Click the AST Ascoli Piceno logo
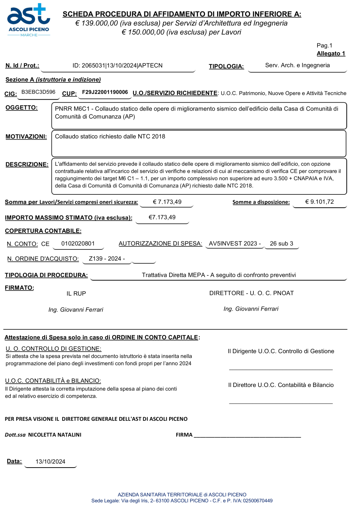[x=28, y=20]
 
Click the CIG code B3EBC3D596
[x=39, y=92]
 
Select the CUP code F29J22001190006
[x=105, y=92]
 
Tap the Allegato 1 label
[x=331, y=54]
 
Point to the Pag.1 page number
[x=324, y=45]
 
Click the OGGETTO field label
[x=22, y=108]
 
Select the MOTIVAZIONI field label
[x=26, y=137]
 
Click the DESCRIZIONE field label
[x=27, y=165]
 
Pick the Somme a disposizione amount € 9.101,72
[x=319, y=202]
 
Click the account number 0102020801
[x=78, y=244]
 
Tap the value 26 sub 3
[x=282, y=244]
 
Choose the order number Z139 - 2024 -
[x=107, y=259]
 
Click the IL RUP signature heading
[x=76, y=294]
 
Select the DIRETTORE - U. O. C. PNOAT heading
[x=251, y=293]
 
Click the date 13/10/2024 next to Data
[x=50, y=462]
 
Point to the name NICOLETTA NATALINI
[x=55, y=435]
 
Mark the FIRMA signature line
[x=247, y=436]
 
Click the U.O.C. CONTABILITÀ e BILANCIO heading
[x=53, y=381]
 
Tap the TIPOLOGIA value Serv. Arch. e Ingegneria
[x=297, y=65]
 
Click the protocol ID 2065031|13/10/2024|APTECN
[x=117, y=66]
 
